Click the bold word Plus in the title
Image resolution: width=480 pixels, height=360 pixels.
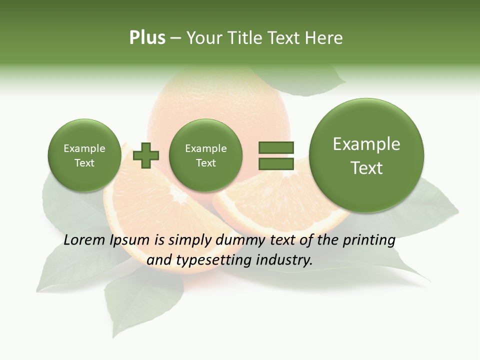tap(147, 38)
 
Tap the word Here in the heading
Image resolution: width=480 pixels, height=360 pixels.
tap(324, 38)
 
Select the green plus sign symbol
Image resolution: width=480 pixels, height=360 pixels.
tap(146, 155)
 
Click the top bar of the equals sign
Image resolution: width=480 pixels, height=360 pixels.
tap(276, 147)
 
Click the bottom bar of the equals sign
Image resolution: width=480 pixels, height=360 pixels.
tap(276, 164)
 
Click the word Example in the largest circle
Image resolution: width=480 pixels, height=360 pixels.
tap(366, 144)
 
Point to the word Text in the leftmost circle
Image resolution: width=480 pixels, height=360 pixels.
tap(84, 163)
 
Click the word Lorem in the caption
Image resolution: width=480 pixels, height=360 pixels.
tap(85, 240)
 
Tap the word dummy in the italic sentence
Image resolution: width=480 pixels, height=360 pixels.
tap(241, 240)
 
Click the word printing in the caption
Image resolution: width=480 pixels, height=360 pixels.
tap(368, 240)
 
